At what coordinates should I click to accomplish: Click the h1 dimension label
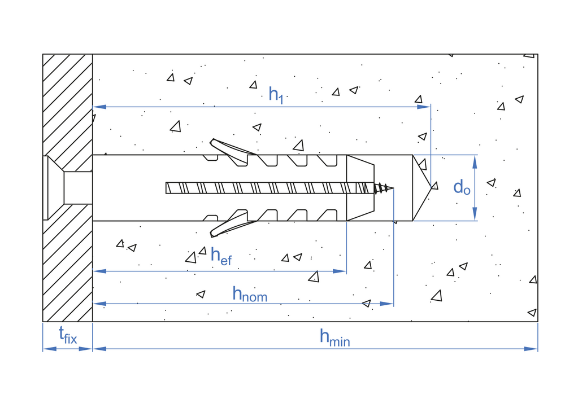pos(276,94)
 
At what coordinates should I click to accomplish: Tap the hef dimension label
pos(221,256)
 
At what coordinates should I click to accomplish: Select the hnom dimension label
pos(250,293)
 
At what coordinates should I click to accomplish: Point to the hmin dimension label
pos(334,337)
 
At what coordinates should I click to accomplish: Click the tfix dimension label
pos(68,337)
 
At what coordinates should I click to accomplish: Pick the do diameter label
pos(461,187)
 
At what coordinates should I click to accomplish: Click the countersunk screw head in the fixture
pos(54,188)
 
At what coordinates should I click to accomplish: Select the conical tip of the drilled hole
pos(423,187)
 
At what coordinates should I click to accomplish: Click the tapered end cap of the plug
pos(360,188)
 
